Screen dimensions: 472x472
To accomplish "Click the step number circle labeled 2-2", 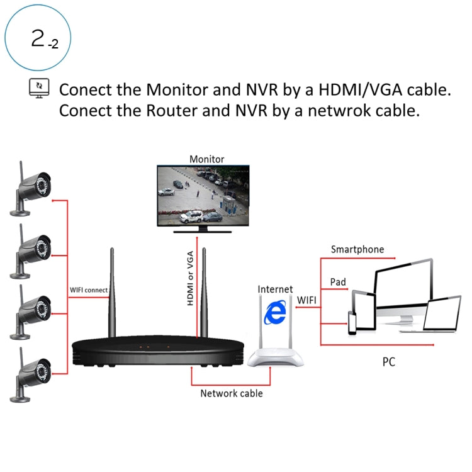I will pos(38,39).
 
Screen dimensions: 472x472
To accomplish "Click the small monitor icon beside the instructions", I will pos(39,88).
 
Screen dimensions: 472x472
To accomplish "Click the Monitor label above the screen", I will pos(206,159).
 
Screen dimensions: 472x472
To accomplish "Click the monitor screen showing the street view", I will pos(203,195).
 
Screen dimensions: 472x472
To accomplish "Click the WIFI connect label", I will pos(89,291).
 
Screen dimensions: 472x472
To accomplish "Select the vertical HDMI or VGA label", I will pos(190,278).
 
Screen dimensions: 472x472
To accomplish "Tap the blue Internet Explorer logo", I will pos(274,312).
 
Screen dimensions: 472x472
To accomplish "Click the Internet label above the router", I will pos(275,289).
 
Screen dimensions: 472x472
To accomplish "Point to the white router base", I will pos(275,359).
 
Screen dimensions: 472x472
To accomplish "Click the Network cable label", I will pos(231,393).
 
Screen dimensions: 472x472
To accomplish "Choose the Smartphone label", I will pos(357,249).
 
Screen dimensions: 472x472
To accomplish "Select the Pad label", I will pos(338,282).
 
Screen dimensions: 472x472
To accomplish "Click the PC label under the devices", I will pos(388,362).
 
